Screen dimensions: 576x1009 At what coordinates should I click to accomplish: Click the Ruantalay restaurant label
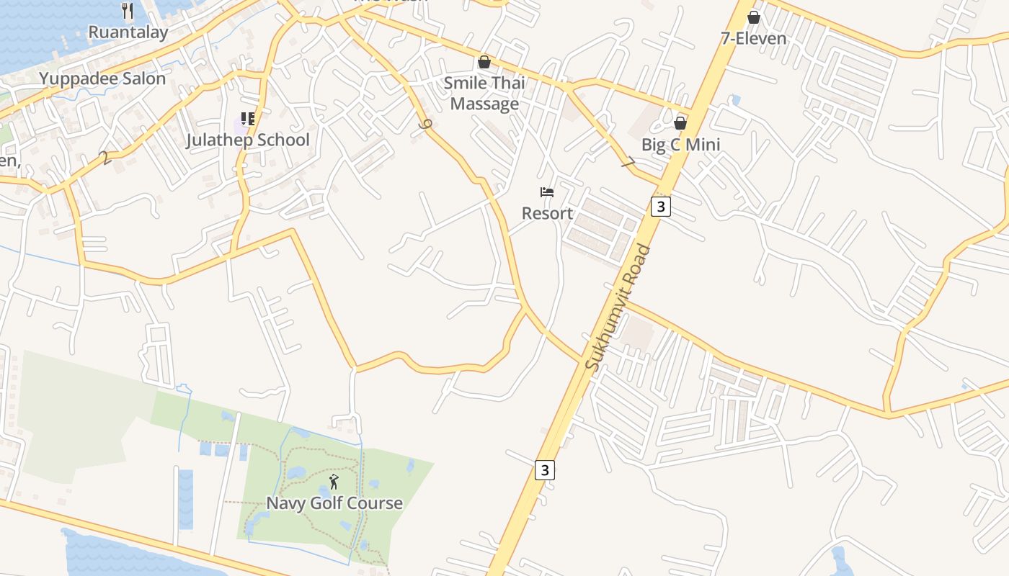128,32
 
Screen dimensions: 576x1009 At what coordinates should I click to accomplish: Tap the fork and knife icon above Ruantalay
128,10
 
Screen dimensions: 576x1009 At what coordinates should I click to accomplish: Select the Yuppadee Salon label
102,78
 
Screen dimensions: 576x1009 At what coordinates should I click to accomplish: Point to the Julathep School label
248,140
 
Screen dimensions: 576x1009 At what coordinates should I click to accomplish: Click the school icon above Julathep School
248,118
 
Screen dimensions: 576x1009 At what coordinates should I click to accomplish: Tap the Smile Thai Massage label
484,93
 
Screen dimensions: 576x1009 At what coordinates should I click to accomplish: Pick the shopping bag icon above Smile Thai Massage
484,62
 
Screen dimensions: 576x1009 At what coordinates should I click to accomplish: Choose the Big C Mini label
680,145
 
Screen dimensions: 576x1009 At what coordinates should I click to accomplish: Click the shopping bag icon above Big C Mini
680,123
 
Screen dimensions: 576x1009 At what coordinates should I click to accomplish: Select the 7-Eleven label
754,38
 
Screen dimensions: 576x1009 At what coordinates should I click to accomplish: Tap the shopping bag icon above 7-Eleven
754,17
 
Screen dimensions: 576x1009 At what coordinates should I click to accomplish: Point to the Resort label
547,213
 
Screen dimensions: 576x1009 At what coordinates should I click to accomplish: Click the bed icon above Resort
547,192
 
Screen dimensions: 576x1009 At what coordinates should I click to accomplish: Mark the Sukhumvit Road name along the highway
618,308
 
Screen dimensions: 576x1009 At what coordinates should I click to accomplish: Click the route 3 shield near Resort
660,207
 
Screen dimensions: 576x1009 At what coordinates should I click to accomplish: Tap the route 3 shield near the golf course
545,471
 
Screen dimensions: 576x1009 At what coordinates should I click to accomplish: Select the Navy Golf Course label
334,503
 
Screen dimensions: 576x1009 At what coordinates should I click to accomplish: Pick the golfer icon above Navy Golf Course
334,482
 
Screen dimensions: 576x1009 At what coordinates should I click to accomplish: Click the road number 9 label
426,125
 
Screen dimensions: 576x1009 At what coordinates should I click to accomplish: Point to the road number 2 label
107,158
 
